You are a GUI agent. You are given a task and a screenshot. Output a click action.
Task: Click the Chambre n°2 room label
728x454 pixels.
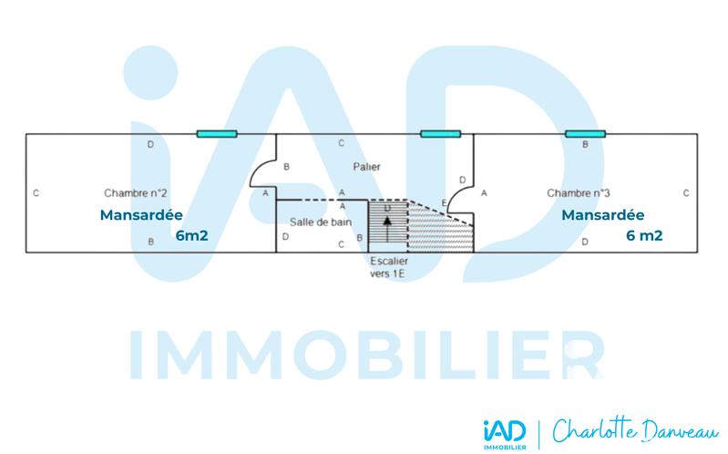point(134,193)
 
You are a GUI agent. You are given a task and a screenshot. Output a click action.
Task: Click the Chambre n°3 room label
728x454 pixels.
point(578,193)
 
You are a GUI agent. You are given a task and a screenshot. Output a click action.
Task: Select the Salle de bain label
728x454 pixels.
point(320,222)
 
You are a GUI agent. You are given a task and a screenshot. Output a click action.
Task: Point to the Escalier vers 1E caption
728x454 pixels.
point(389,267)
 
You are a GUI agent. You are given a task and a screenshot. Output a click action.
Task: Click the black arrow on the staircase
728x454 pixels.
point(387,223)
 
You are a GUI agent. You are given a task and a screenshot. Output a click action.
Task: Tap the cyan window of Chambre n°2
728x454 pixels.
point(217,134)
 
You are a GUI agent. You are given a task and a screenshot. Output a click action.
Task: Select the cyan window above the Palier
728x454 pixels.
point(440,134)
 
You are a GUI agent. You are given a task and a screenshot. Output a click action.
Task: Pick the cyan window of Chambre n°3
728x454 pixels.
point(585,134)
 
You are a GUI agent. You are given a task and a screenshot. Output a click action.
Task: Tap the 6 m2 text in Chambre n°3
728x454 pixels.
point(644,235)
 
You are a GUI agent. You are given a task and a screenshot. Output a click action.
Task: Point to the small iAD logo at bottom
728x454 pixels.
point(505,427)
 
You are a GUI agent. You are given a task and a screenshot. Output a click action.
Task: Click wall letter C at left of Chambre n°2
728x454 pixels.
point(35,193)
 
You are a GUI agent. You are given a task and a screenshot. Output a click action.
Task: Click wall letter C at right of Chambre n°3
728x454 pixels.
point(686,193)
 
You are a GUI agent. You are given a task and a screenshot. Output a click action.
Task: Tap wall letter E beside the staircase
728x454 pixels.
point(444,202)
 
